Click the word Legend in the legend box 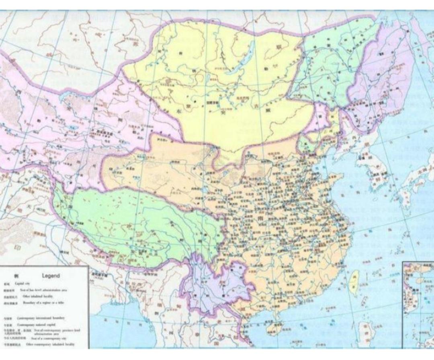[51, 276]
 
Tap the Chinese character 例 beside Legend [16, 276]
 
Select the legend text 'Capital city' [23, 283]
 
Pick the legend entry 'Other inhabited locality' [38, 296]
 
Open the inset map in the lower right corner [418, 303]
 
